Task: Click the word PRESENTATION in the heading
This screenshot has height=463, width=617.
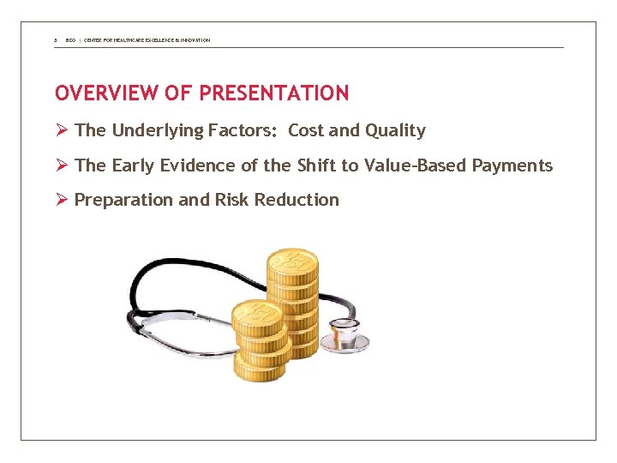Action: point(273,93)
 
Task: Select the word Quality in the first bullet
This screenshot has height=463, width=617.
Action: point(395,130)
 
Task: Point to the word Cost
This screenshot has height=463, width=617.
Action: point(305,130)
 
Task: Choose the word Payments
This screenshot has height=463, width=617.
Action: point(512,165)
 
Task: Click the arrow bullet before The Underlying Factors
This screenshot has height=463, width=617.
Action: point(61,130)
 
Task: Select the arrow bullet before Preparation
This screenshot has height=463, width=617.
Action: point(61,200)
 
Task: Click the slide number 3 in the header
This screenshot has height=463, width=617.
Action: point(55,40)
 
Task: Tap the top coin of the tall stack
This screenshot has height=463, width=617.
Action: point(291,261)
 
